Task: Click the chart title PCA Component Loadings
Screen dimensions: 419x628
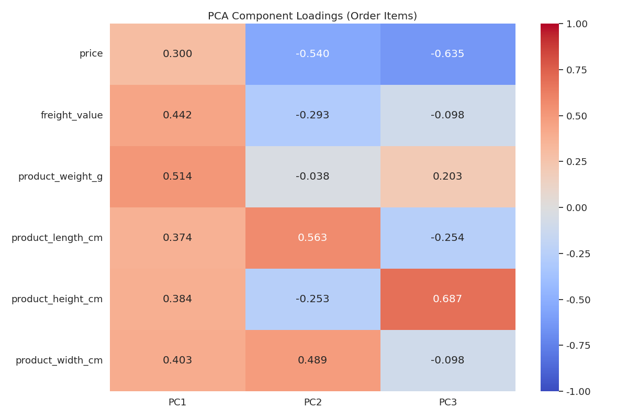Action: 312,16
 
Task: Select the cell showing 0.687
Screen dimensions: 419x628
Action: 447,299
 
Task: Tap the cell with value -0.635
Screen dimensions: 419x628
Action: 447,54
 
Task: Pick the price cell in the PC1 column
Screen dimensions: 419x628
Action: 177,54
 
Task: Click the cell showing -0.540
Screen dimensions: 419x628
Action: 312,54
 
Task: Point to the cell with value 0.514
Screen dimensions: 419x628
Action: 177,177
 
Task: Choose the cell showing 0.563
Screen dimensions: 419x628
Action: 312,238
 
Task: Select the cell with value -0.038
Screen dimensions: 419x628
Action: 312,177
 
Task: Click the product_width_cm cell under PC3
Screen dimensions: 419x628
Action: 447,360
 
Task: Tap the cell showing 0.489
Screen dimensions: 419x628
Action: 312,360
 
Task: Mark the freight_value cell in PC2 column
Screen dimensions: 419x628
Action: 312,115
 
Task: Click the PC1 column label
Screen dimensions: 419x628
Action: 177,402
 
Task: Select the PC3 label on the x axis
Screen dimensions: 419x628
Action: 447,402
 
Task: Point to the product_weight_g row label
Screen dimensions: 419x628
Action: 60,177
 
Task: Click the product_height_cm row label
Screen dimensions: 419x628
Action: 57,299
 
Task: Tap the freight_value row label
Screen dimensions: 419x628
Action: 72,115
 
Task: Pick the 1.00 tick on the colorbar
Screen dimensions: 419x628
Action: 577,24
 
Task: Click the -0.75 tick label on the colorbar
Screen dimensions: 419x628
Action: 578,346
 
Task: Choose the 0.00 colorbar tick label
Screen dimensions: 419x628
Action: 577,208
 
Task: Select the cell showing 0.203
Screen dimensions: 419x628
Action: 447,177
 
